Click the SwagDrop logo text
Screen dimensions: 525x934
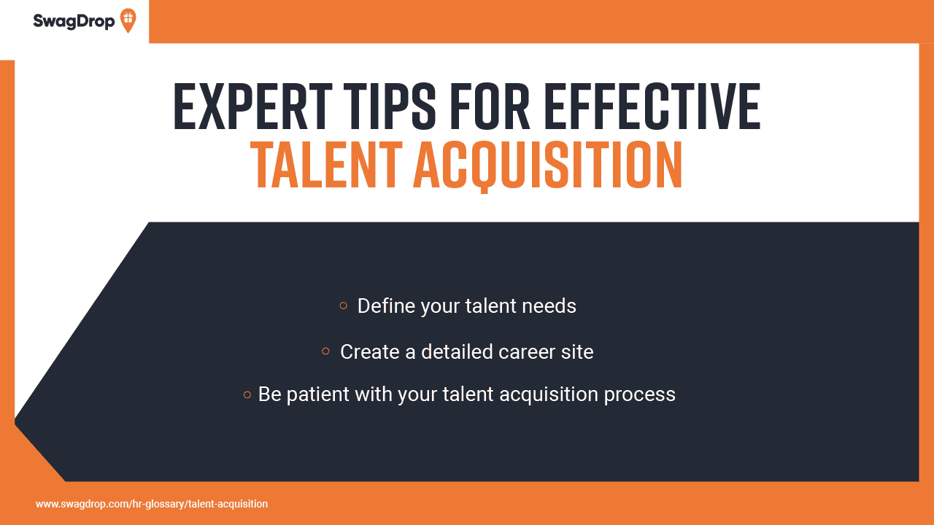point(74,21)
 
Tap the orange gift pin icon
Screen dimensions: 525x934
point(128,20)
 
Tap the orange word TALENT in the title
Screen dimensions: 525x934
point(326,166)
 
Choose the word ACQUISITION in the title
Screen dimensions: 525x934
point(548,166)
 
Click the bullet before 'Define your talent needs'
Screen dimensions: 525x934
point(344,306)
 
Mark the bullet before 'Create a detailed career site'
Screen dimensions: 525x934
point(326,351)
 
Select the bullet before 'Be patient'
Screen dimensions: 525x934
point(247,394)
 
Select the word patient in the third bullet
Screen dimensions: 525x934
point(317,394)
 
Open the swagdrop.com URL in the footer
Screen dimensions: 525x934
point(152,504)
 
